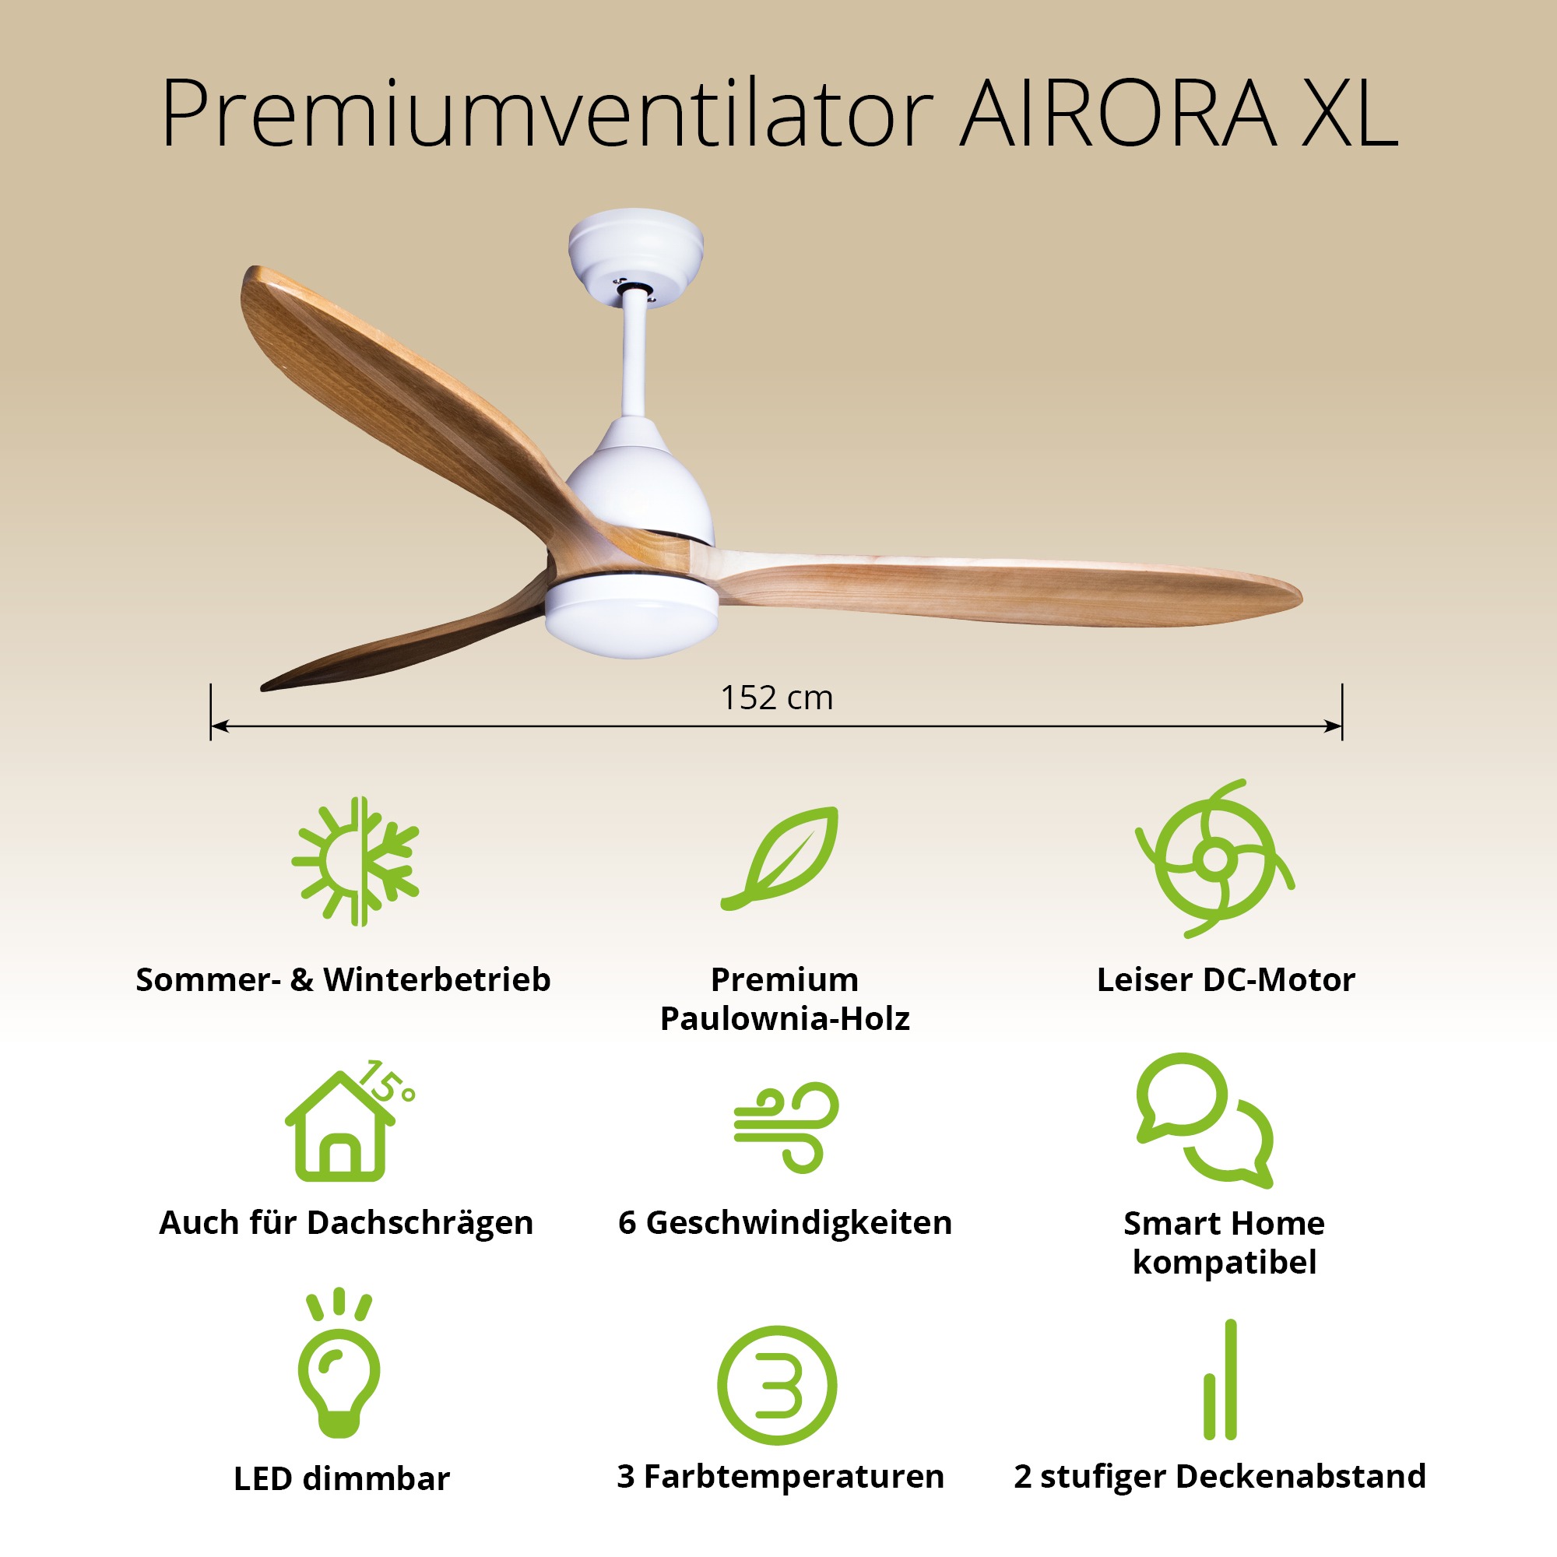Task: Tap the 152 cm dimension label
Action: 776,698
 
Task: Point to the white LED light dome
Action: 631,616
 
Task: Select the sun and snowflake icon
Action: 356,861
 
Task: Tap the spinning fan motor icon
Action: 1214,858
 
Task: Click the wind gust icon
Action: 786,1126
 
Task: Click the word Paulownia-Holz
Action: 785,1018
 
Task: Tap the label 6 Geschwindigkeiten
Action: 785,1222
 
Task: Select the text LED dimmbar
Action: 342,1479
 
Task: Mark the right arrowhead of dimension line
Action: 1333,726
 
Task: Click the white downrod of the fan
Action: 634,354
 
